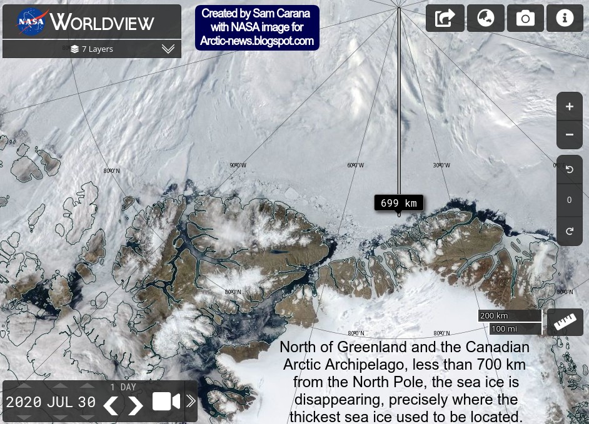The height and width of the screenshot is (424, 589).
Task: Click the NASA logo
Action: click(x=31, y=22)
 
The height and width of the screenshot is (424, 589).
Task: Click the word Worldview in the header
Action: click(x=102, y=23)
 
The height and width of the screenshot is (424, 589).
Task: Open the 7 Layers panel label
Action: click(x=92, y=49)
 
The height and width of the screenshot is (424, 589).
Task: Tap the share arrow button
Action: click(x=445, y=18)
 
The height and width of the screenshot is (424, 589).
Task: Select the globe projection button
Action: click(x=486, y=18)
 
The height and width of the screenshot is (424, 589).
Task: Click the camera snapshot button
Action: click(x=525, y=18)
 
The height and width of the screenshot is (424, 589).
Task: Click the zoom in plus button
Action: click(x=569, y=107)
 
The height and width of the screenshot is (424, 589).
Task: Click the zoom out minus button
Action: click(x=569, y=134)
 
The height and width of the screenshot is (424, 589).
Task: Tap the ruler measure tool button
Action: click(x=565, y=322)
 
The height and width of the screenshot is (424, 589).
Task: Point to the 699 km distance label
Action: click(x=399, y=203)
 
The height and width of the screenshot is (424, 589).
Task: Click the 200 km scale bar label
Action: click(x=495, y=316)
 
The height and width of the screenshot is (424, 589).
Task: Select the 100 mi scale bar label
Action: click(x=504, y=328)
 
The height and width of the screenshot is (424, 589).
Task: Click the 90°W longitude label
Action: click(x=238, y=165)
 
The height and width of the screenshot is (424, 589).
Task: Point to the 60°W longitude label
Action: click(x=355, y=165)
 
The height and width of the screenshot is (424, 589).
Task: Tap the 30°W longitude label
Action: click(x=441, y=165)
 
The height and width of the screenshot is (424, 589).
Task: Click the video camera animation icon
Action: click(x=166, y=402)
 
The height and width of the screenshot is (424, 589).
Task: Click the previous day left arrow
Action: click(x=111, y=405)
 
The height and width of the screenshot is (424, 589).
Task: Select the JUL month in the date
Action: click(x=60, y=402)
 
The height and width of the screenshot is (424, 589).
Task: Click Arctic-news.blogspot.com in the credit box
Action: click(x=257, y=41)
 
